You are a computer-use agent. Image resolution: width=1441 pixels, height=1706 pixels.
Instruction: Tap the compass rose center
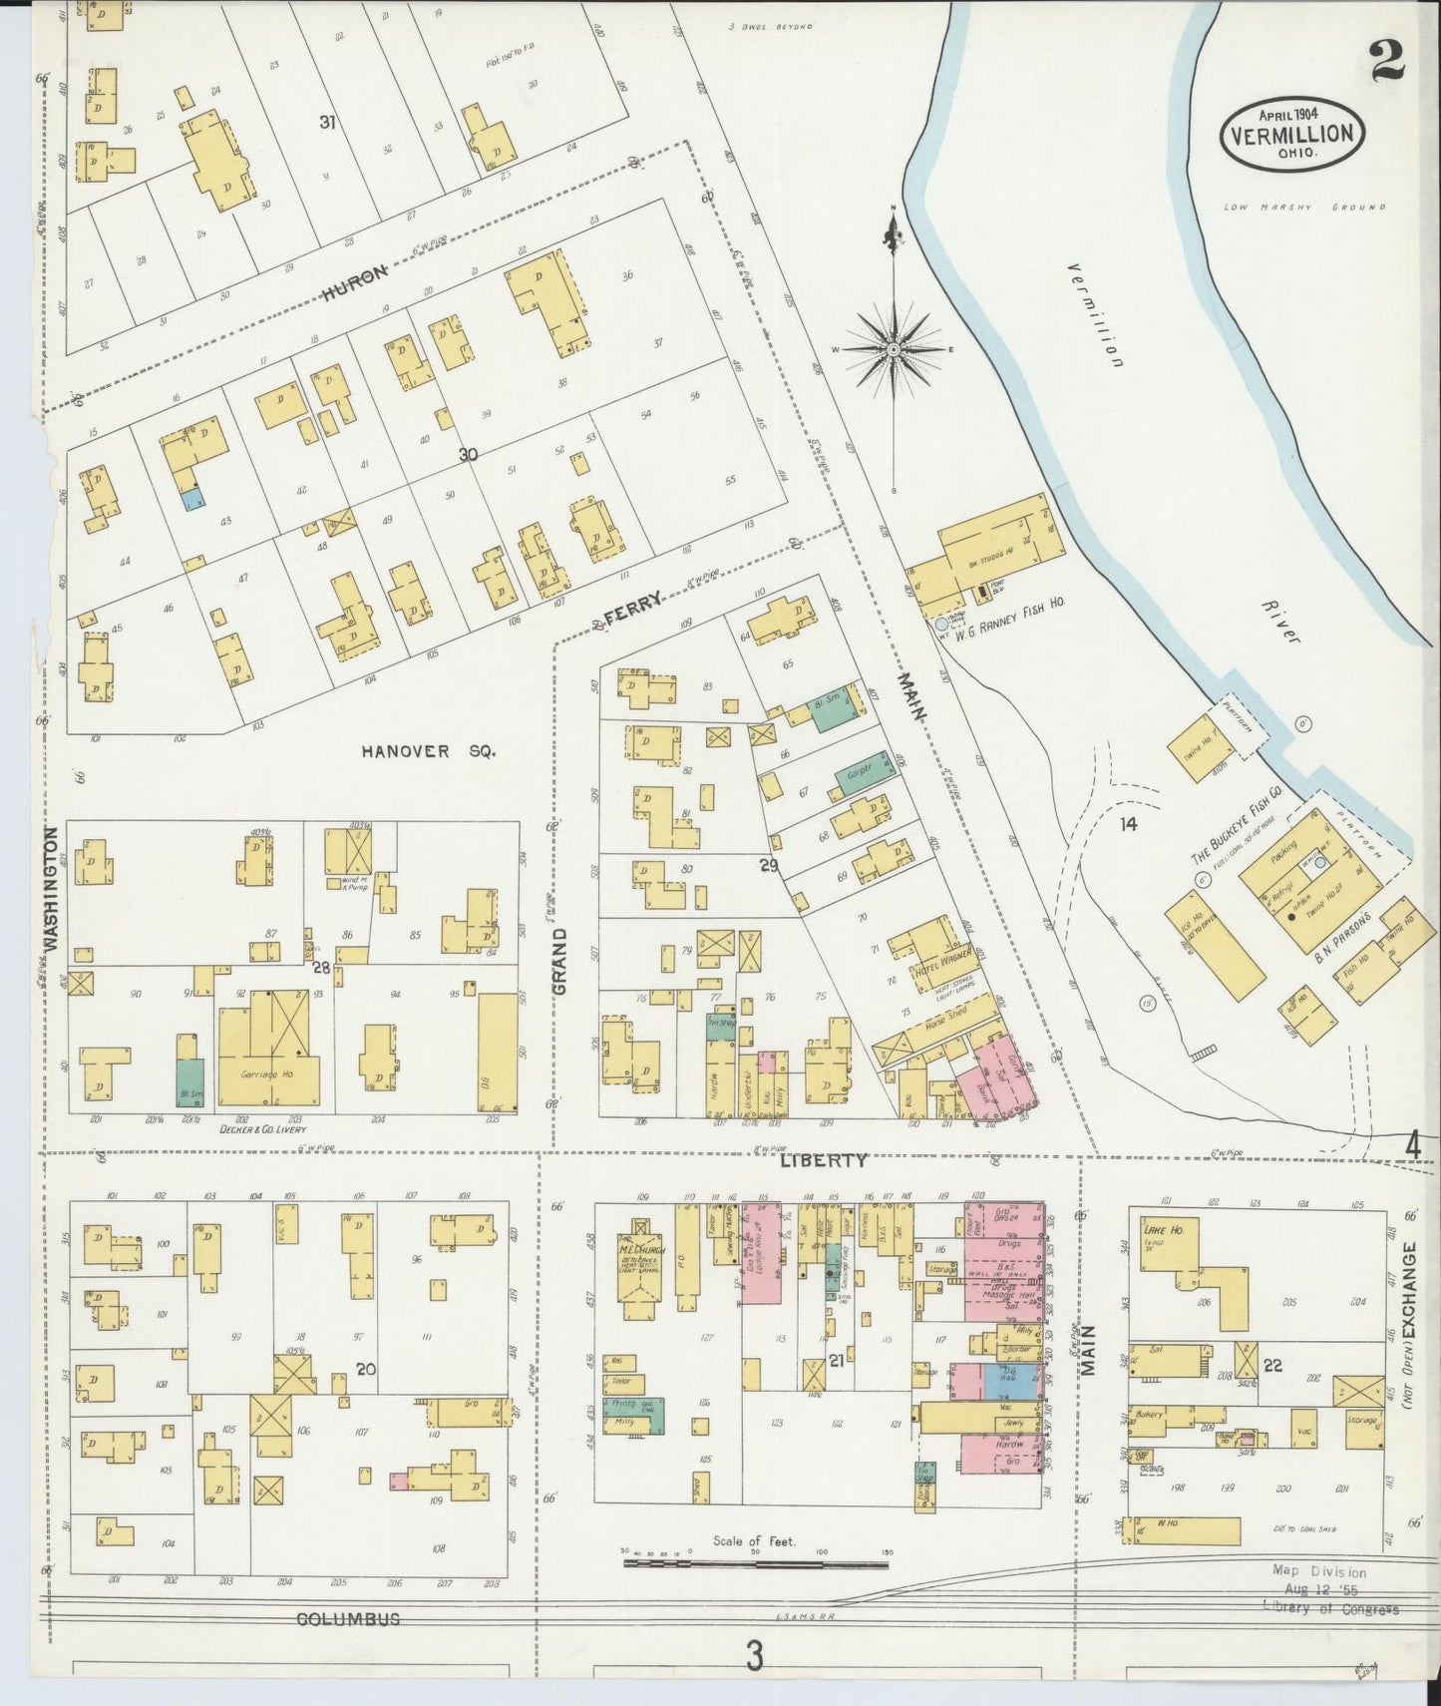[x=895, y=349]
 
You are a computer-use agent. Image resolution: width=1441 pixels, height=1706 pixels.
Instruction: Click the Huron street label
[x=354, y=286]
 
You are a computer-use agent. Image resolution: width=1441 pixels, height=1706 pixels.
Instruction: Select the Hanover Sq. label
[x=428, y=751]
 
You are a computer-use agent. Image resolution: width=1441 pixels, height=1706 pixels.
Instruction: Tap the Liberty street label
[x=823, y=1160]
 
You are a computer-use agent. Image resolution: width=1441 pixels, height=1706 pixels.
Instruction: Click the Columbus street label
[x=348, y=1619]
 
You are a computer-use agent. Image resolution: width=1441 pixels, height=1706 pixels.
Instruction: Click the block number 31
[x=326, y=122]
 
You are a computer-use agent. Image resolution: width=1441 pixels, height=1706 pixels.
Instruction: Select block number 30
[x=468, y=455]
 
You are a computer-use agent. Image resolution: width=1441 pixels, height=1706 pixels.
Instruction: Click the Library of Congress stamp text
[x=1330, y=1608]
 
